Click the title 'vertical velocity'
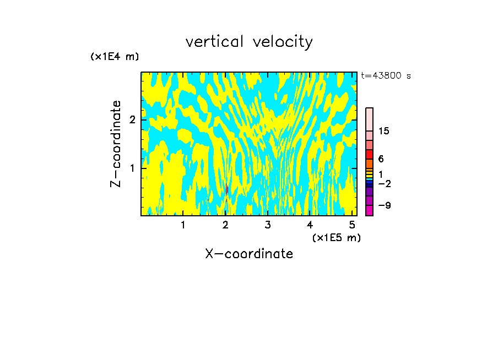[x=249, y=42]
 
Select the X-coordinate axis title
[x=249, y=254]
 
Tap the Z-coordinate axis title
[x=116, y=144]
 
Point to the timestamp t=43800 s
[x=386, y=76]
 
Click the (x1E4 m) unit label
[x=115, y=57]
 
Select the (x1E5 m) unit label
[x=336, y=237]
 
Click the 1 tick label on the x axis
[x=183, y=225]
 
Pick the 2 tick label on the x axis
[x=225, y=225]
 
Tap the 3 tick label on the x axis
[x=268, y=225]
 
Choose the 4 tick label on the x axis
[x=310, y=225]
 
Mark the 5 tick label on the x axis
[x=352, y=225]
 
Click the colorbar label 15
[x=384, y=131]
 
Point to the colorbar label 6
[x=381, y=159]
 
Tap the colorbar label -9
[x=384, y=205]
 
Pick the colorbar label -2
[x=384, y=183]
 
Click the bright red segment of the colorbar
[x=369, y=154]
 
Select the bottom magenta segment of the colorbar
[x=369, y=210]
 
